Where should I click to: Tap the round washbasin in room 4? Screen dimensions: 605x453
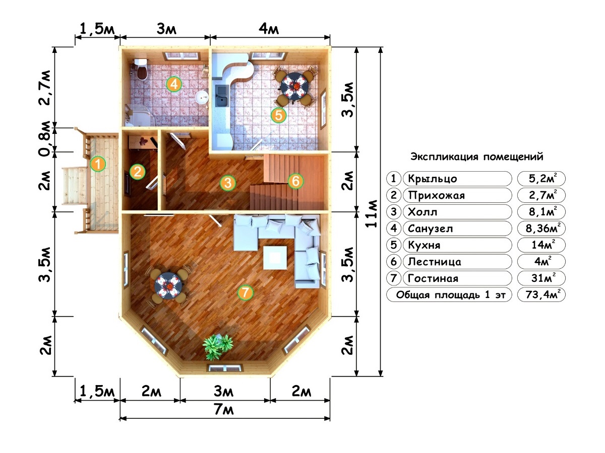[202, 97]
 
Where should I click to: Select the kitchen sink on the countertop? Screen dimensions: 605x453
[222, 96]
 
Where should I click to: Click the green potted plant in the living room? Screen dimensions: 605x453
[218, 346]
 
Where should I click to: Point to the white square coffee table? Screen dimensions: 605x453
[275, 257]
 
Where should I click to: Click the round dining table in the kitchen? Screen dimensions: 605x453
[294, 87]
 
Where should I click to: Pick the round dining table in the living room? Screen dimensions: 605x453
[168, 286]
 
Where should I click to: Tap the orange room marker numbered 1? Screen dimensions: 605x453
[98, 164]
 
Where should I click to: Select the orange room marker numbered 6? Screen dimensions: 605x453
[295, 181]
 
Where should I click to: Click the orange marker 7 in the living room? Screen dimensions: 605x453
[245, 292]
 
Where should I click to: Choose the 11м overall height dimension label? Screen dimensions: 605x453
[371, 213]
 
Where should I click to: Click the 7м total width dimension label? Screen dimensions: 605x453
[224, 410]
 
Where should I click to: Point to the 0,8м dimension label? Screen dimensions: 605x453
[45, 138]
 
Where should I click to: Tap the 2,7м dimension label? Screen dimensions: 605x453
[45, 88]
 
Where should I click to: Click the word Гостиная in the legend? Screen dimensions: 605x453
[433, 278]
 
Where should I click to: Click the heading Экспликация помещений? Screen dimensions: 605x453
[477, 157]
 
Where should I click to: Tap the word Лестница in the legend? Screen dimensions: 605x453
[435, 262]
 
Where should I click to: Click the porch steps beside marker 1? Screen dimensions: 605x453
[75, 186]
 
